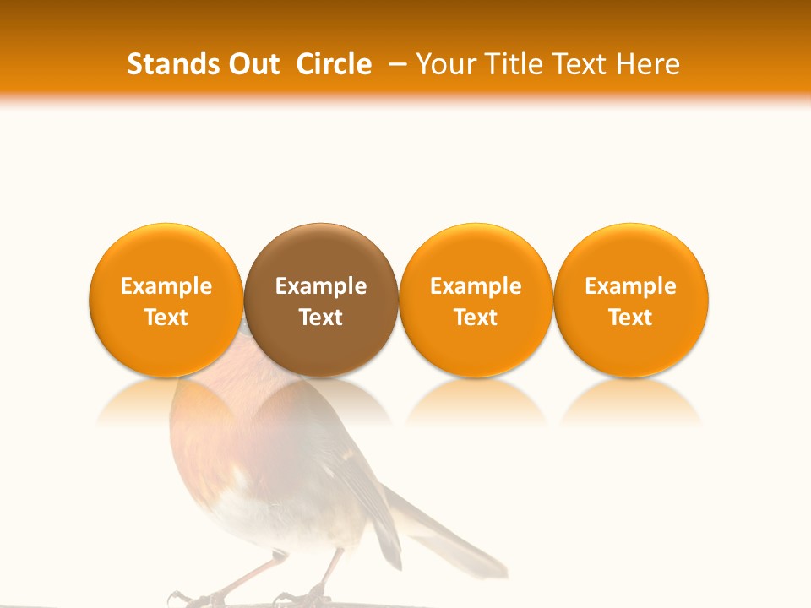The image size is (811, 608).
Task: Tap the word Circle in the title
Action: tap(334, 64)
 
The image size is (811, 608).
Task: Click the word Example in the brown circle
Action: tap(321, 286)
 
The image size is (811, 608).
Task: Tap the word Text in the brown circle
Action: tap(321, 318)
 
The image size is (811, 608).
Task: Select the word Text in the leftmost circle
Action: tap(166, 318)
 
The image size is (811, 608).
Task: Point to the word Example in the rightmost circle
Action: tap(631, 286)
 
